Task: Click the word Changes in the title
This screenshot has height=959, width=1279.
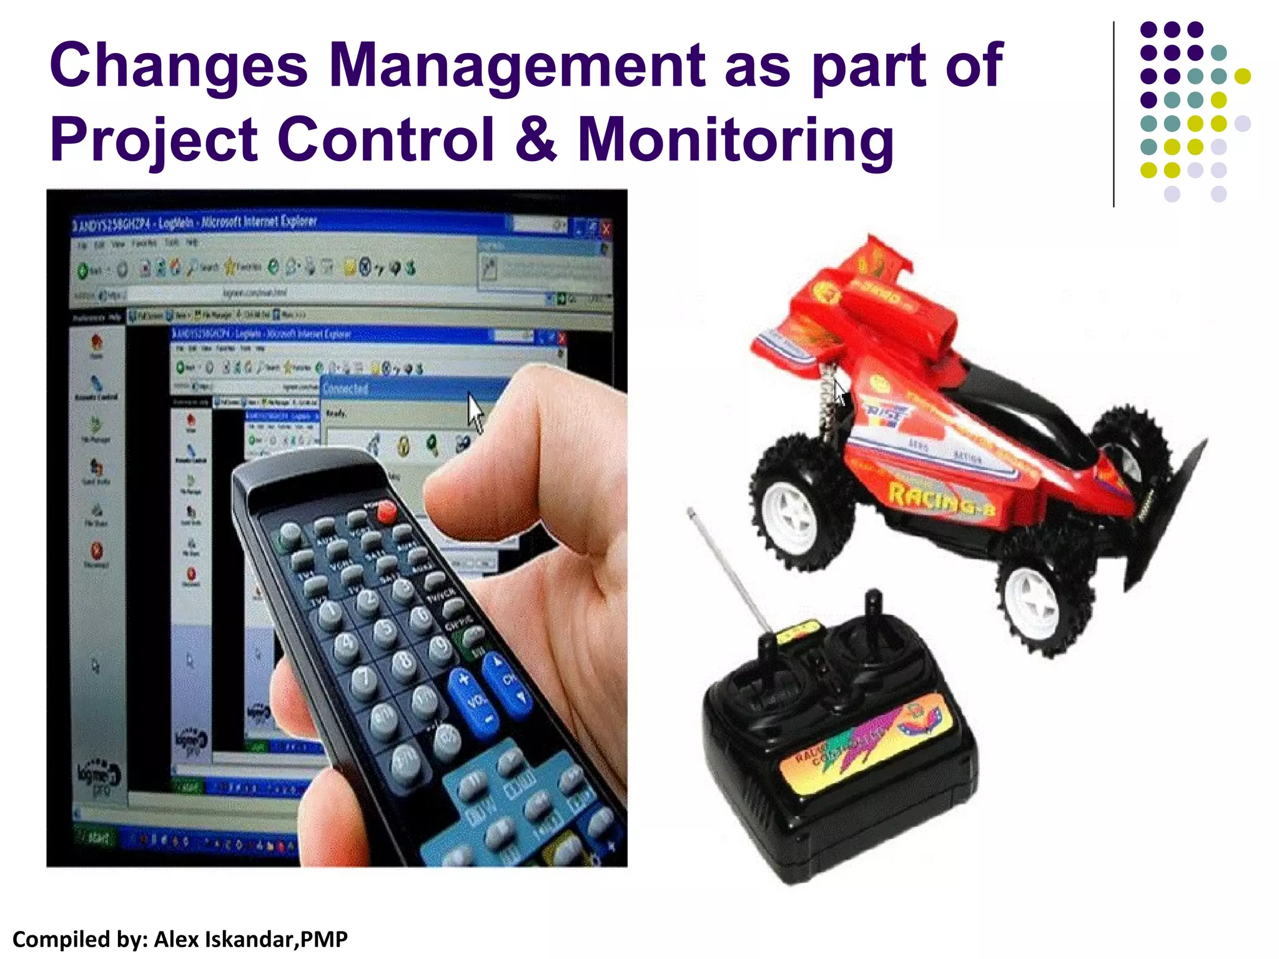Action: pos(179,66)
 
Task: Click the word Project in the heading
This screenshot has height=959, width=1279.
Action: pos(154,140)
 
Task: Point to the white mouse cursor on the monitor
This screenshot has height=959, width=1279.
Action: pos(476,411)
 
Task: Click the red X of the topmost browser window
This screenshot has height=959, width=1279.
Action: pos(605,229)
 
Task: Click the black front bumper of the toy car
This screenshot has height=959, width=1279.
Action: pos(1162,512)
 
